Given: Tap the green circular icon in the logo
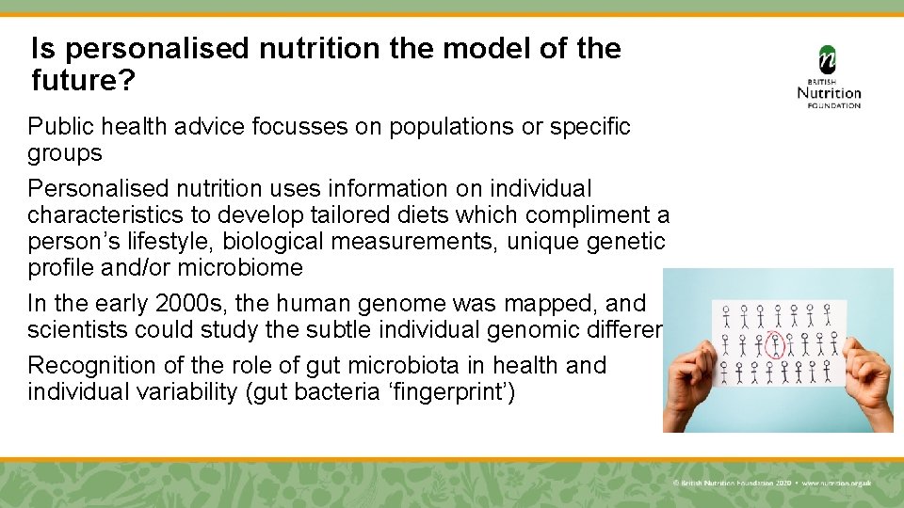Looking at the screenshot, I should (828, 58).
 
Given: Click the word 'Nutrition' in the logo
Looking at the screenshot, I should (829, 92).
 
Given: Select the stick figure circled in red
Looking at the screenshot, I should (776, 344).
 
